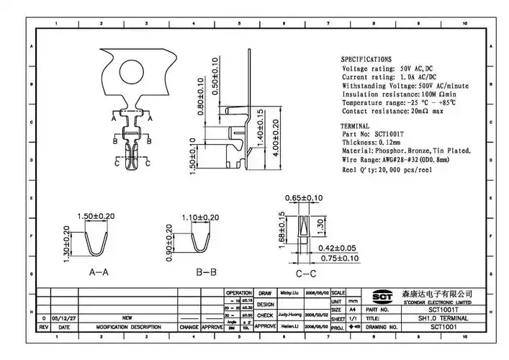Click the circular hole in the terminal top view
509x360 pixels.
tap(132, 71)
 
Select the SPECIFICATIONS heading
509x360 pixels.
tap(366, 59)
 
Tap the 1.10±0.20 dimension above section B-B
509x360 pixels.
tap(200, 217)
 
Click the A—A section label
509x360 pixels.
tap(98, 273)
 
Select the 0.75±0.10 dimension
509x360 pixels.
tap(339, 258)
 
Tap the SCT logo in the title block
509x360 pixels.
tap(380, 295)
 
